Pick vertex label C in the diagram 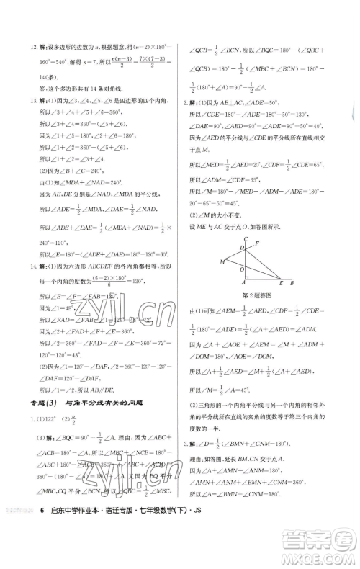(246, 238)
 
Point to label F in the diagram (256, 243)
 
